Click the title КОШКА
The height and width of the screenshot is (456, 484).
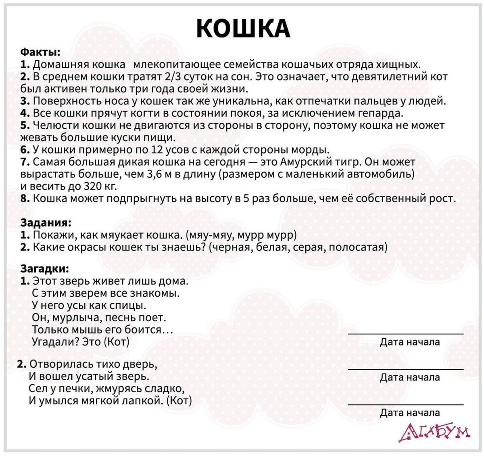243,28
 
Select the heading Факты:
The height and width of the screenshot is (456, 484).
40,52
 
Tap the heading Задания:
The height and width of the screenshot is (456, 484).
46,223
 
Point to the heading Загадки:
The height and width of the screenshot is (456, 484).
45,269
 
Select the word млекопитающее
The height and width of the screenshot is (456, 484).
176,65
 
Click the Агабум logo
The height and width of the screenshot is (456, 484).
434,433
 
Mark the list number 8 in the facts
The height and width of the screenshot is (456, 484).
25,199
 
